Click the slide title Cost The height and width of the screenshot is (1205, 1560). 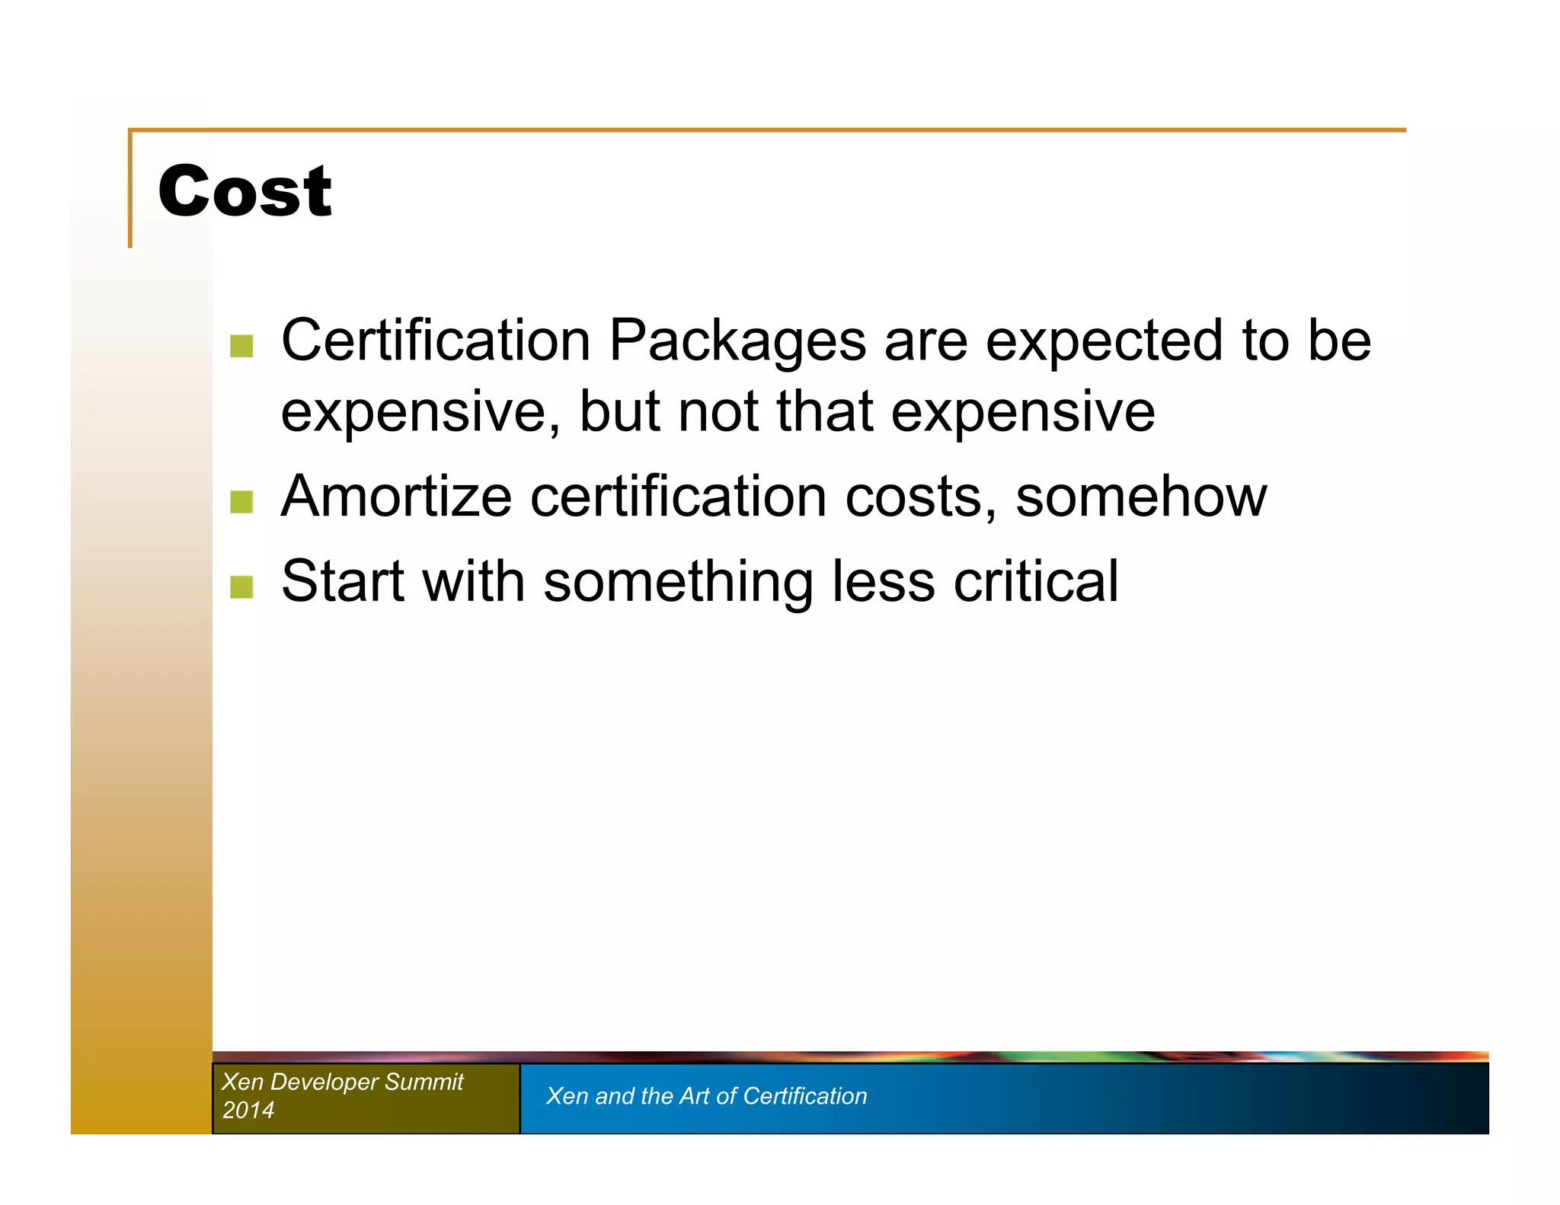[245, 191]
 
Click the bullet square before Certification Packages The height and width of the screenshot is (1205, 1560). [241, 346]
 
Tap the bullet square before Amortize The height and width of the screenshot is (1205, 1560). [241, 502]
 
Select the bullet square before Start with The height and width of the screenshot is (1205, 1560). [241, 587]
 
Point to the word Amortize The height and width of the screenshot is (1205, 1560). [396, 497]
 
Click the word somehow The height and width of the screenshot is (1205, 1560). [1140, 497]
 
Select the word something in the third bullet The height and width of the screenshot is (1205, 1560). [678, 583]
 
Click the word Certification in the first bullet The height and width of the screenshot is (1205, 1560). [436, 340]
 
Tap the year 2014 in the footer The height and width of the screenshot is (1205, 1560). [248, 1110]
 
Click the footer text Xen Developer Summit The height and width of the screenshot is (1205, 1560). [342, 1082]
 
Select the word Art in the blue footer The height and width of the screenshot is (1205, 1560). [694, 1095]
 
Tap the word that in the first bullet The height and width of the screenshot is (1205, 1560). [824, 411]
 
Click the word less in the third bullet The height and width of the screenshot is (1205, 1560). [883, 581]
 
